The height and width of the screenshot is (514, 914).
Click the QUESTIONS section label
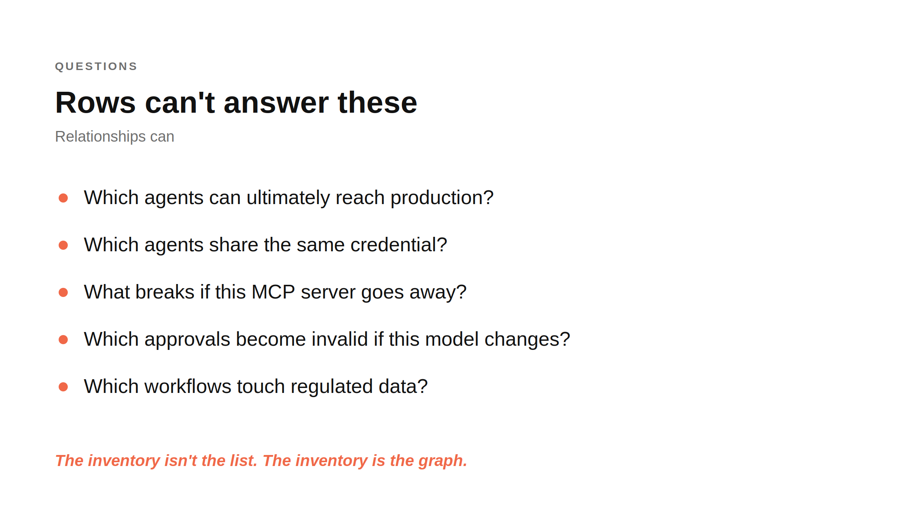click(96, 66)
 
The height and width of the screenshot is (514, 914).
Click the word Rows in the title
click(96, 103)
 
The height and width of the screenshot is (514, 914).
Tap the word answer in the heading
click(276, 103)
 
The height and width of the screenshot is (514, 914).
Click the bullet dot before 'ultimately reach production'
click(63, 198)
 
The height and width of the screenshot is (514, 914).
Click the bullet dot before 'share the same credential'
click(63, 245)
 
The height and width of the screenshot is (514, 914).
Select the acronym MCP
click(273, 292)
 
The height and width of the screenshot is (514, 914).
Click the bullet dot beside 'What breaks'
click(63, 292)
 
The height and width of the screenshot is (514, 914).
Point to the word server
click(328, 292)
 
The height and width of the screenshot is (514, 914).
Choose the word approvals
click(187, 339)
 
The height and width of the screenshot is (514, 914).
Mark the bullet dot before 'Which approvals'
click(63, 340)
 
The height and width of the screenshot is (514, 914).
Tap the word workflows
click(188, 386)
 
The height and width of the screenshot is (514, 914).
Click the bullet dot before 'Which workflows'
click(63, 387)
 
